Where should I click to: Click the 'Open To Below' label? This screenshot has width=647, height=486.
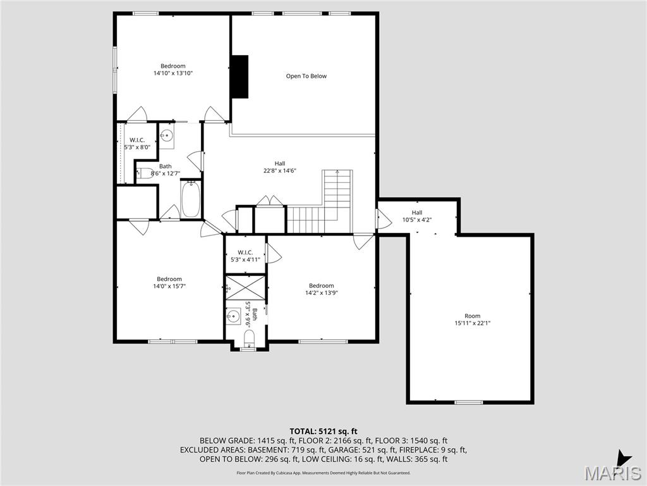pos(306,76)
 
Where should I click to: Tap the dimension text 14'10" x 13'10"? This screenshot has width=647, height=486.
pos(172,73)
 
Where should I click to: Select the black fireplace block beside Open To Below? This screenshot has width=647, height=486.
pos(239,77)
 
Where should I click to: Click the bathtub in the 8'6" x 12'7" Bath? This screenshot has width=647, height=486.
pos(190,199)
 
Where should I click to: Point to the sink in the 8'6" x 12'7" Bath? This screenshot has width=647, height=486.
pos(167,135)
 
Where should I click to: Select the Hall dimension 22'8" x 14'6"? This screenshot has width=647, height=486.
pos(279,171)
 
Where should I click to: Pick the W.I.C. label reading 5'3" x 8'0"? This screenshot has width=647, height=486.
pos(137,147)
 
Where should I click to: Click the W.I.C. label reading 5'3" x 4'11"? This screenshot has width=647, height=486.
pos(245,259)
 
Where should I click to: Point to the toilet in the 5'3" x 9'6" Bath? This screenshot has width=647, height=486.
pos(248,336)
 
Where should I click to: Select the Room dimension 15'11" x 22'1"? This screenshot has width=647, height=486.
pos(473,323)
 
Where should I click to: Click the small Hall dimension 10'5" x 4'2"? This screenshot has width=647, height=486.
pos(417,220)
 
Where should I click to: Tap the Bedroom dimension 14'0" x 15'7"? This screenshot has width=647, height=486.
pos(169,286)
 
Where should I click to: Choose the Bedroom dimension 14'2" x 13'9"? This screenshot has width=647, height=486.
pos(321,293)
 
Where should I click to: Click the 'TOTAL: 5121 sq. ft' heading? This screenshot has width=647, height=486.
pos(323,432)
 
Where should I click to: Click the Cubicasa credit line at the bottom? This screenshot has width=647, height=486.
pos(323,473)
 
